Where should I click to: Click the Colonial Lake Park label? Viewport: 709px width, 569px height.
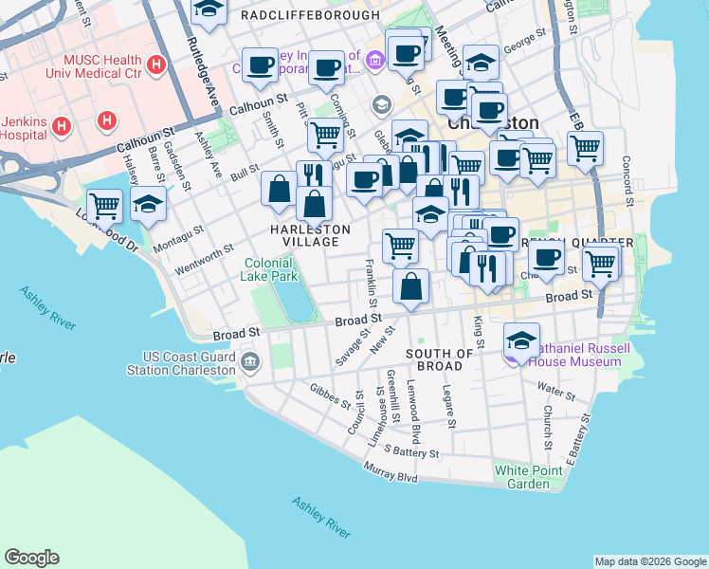[270, 269]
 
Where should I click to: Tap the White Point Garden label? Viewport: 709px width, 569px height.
[521, 477]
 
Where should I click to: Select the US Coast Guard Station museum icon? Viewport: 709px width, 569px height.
[250, 360]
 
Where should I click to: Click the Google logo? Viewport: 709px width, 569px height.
[31, 558]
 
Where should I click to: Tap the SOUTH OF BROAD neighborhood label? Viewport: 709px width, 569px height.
[439, 359]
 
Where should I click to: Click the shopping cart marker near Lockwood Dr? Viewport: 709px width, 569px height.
[103, 205]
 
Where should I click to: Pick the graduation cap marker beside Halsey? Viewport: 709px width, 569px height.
[148, 205]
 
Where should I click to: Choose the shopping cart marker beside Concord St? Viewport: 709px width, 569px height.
[586, 147]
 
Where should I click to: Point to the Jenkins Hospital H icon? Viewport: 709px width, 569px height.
[62, 124]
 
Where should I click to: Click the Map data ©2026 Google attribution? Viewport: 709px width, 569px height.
[650, 560]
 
